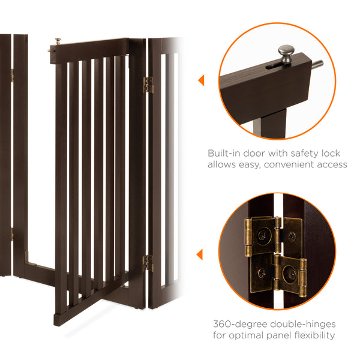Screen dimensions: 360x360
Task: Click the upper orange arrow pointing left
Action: coord(200,80)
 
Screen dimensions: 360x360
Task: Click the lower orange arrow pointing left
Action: coord(200,254)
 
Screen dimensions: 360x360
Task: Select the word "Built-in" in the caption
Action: coord(225,153)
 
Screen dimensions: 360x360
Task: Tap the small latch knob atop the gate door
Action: coord(58,41)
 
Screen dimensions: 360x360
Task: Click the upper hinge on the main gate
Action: coord(148,85)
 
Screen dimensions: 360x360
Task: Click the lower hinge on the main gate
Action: coord(147,262)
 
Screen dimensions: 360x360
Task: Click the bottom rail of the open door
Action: coord(90,304)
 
